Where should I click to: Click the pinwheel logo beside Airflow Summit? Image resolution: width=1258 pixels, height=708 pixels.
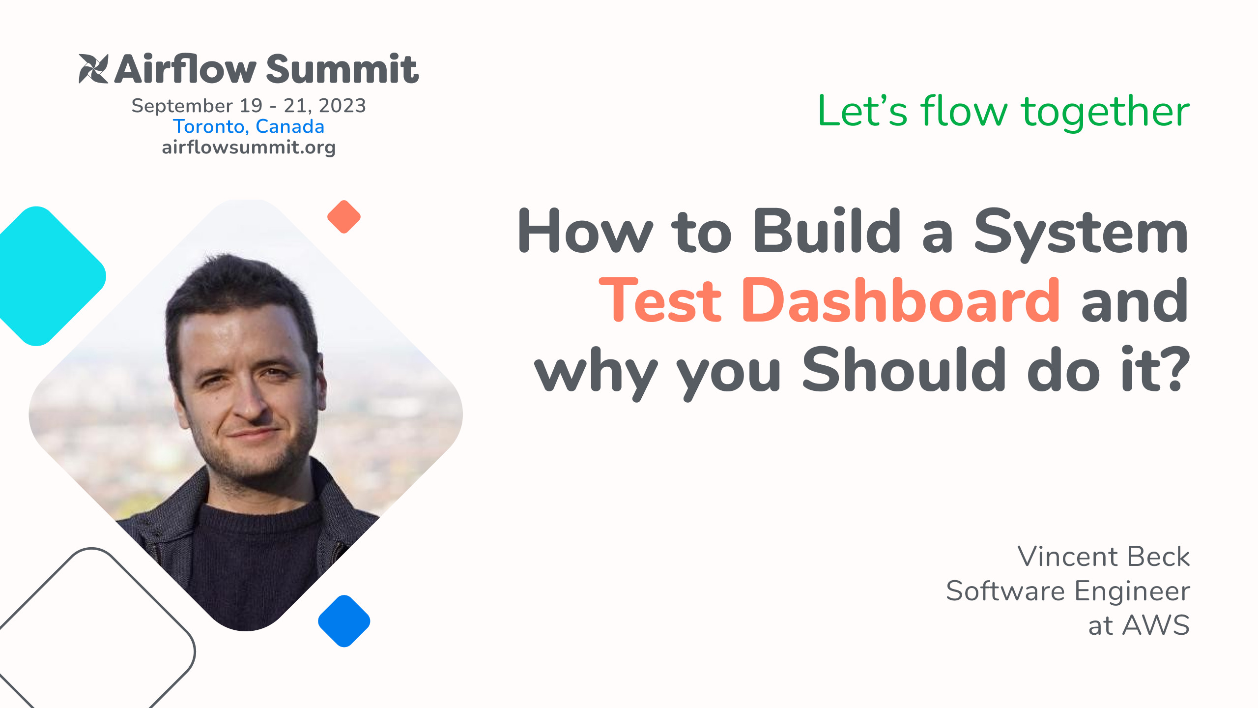[x=93, y=68]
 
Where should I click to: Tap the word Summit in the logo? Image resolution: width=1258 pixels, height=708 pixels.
[x=343, y=69]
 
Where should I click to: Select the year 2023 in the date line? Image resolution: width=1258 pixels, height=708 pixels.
[x=342, y=106]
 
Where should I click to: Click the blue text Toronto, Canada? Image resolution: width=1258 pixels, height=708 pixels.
[x=249, y=126]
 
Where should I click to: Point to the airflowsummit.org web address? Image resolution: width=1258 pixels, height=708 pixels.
[x=249, y=147]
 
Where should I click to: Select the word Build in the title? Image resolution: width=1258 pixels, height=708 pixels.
[x=827, y=230]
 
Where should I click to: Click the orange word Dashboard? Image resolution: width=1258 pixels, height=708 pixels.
[x=901, y=299]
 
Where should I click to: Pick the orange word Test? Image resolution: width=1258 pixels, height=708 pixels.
[x=660, y=300]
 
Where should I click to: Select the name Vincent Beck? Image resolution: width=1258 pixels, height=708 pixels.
[x=1104, y=557]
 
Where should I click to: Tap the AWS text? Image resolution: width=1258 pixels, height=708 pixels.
[x=1156, y=625]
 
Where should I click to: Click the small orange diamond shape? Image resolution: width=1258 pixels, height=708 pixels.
[x=344, y=217]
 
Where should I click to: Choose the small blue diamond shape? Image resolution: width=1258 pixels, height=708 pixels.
[x=344, y=621]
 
